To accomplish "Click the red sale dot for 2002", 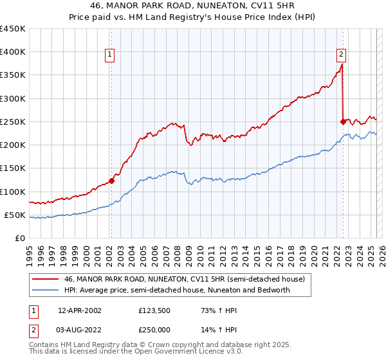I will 111,181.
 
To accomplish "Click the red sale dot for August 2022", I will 342,122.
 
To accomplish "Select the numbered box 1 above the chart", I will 111,55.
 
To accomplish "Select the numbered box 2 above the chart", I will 342,55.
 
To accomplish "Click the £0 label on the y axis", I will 20,238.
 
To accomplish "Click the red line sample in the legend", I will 46,280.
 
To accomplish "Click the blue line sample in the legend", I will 46,290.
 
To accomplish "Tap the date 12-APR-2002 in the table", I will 79,310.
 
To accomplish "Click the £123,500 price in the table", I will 155,310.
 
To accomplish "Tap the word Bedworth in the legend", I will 273,290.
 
